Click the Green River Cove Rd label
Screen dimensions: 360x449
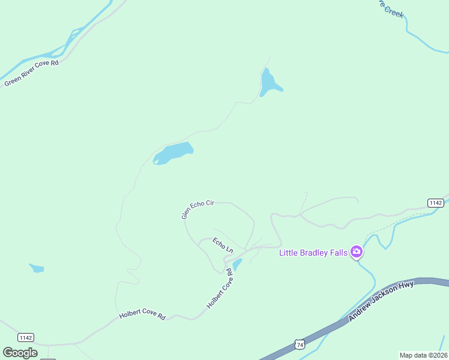[31, 72]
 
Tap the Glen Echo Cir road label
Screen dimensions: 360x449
[198, 209]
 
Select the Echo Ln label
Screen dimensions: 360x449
[222, 245]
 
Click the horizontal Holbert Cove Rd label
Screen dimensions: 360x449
[142, 315]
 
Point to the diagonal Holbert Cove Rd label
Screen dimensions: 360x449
[219, 289]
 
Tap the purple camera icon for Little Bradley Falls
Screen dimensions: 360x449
[357, 251]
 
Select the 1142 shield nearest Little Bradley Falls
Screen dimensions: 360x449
[436, 203]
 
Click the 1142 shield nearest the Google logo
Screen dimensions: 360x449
[25, 337]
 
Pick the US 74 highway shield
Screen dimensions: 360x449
[299, 344]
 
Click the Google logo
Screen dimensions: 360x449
[20, 353]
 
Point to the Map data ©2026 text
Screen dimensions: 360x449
[423, 355]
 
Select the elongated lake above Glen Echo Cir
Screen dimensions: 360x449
[173, 152]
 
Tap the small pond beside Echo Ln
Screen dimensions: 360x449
[237, 265]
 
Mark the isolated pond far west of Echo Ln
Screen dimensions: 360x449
[37, 268]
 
